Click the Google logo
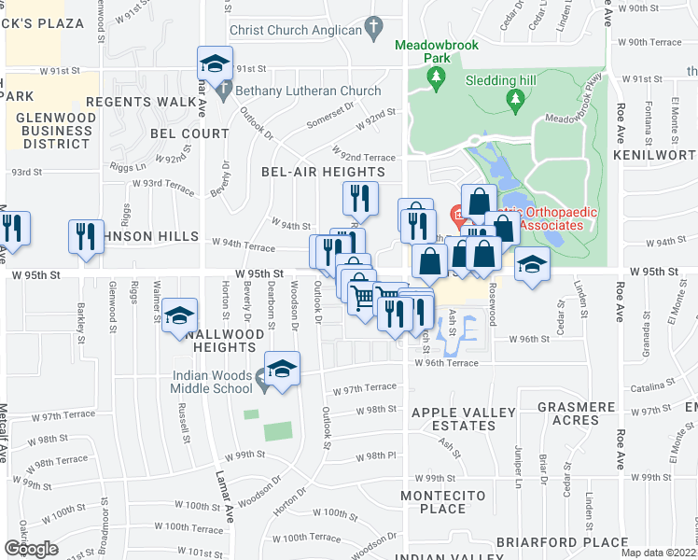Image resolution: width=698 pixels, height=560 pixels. pyautogui.click(x=31, y=549)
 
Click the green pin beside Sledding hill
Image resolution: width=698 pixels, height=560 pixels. pyautogui.click(x=513, y=97)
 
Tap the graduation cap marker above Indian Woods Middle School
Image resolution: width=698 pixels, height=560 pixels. pyautogui.click(x=282, y=368)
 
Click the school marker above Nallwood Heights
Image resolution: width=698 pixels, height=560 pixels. pyautogui.click(x=179, y=315)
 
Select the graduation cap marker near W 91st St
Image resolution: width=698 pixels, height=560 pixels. pyautogui.click(x=215, y=63)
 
